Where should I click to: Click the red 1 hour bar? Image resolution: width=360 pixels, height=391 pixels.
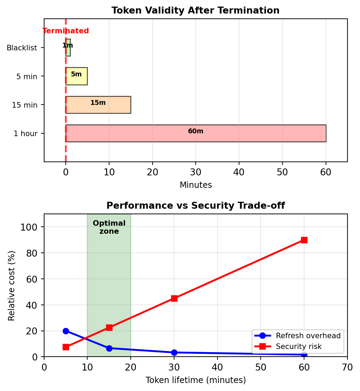[196, 133]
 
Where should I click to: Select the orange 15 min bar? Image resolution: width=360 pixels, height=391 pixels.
[98, 105]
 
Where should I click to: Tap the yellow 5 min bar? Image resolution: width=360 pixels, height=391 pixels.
[76, 76]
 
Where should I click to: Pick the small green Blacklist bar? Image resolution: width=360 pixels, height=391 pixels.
[68, 48]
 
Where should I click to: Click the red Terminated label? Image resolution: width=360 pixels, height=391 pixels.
[66, 31]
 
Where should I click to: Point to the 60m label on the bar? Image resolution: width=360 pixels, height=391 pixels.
[196, 131]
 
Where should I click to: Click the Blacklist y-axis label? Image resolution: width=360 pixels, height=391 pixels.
[22, 48]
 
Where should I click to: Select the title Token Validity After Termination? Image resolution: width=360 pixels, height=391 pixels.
[195, 10]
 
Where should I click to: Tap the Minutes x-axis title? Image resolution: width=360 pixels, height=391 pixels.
[196, 185]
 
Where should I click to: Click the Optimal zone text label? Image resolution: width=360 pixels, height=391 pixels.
[109, 227]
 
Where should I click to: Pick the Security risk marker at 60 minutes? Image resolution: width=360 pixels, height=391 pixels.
[304, 240]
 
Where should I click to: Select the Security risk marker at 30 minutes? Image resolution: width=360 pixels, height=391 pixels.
[174, 298]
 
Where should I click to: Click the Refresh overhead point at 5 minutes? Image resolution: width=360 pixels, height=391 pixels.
[66, 331]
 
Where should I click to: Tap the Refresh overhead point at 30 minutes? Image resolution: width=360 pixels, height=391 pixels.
[174, 352]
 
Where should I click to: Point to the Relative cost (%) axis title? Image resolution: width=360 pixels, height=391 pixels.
[12, 285]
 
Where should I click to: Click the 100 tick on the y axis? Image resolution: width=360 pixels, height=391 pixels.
[33, 227]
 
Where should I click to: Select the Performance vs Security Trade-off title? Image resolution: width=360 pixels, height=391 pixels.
[195, 206]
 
